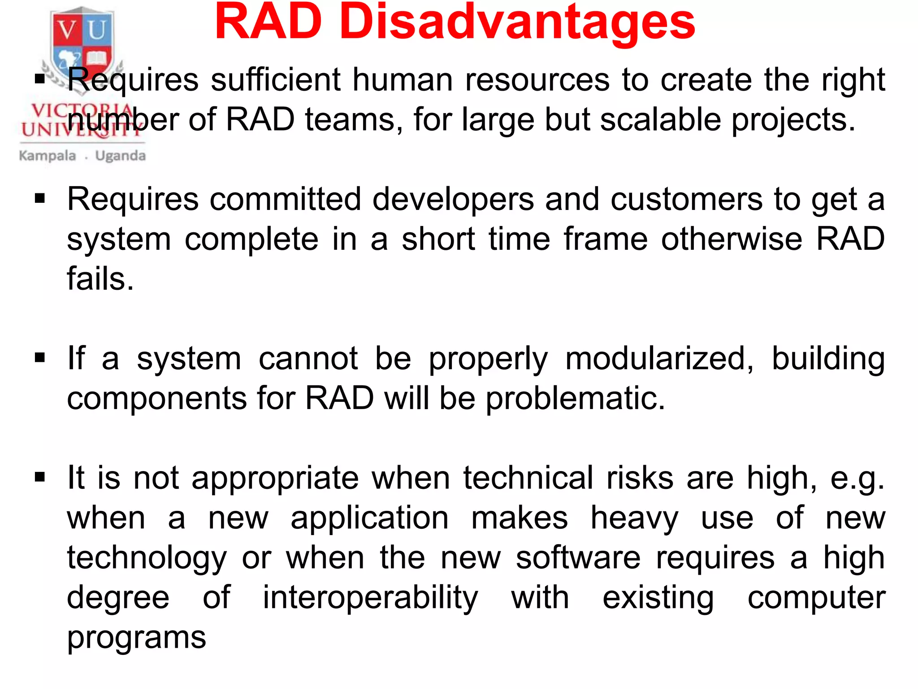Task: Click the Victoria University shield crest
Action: coord(82,45)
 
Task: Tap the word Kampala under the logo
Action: coord(48,156)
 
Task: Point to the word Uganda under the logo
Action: coord(121,156)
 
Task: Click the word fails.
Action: coord(100,279)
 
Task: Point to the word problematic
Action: coord(576,398)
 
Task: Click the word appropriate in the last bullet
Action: coord(275,479)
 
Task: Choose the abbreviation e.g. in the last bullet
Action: coord(857,479)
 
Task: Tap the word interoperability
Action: coord(370,598)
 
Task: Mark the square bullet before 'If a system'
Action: coord(40,358)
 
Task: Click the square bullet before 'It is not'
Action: coord(40,477)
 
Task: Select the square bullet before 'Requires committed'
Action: coord(40,198)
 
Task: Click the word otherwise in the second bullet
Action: coord(732,239)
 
